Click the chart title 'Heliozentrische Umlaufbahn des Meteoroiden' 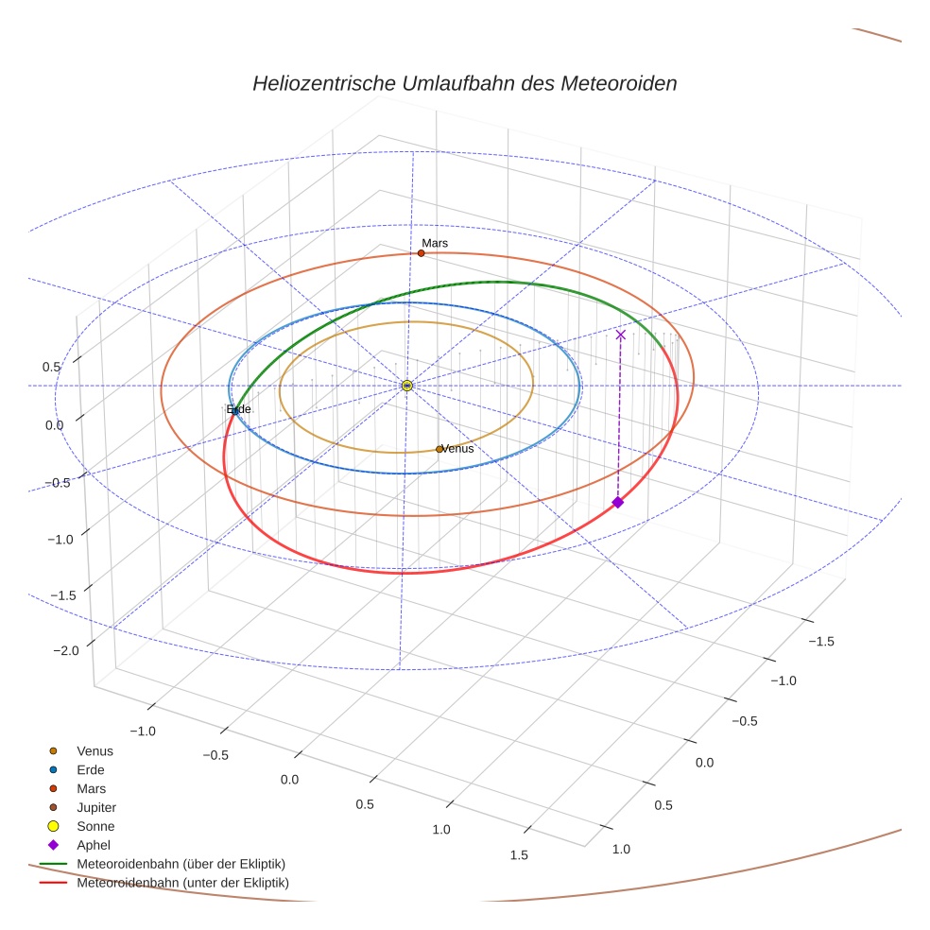tap(464, 83)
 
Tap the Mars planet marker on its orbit tap(421, 253)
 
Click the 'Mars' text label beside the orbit tap(435, 243)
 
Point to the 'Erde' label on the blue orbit tap(239, 409)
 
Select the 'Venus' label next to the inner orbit tap(458, 449)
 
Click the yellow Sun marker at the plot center tap(406, 386)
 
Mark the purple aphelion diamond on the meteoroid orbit tap(617, 502)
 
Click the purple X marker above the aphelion tap(620, 335)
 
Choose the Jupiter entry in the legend tap(95, 807)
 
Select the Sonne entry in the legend tap(95, 826)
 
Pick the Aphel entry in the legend tap(95, 845)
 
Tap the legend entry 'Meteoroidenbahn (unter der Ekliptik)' tap(182, 883)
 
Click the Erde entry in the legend tap(91, 769)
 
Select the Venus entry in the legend tap(95, 750)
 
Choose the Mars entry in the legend tap(91, 788)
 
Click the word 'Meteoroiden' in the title tap(618, 83)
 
